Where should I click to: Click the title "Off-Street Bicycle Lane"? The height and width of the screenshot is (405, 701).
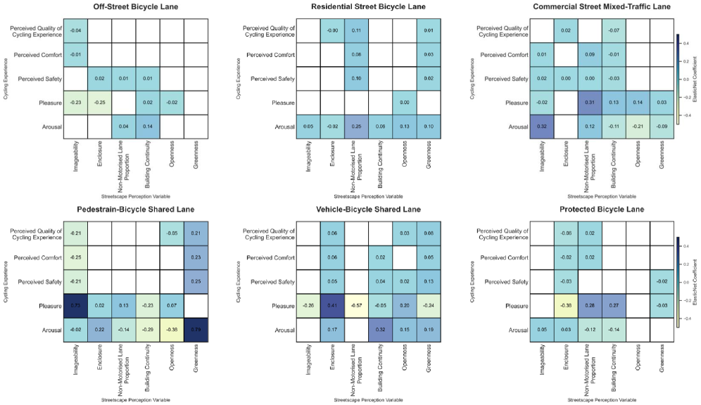click(x=135, y=6)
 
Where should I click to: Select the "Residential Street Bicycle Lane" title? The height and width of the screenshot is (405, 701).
click(x=367, y=6)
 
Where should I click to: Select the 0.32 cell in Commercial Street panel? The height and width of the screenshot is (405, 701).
click(x=542, y=127)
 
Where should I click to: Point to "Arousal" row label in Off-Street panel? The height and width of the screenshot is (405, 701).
click(x=51, y=127)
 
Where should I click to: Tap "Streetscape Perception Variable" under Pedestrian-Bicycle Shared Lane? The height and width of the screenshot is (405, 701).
click(x=135, y=399)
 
